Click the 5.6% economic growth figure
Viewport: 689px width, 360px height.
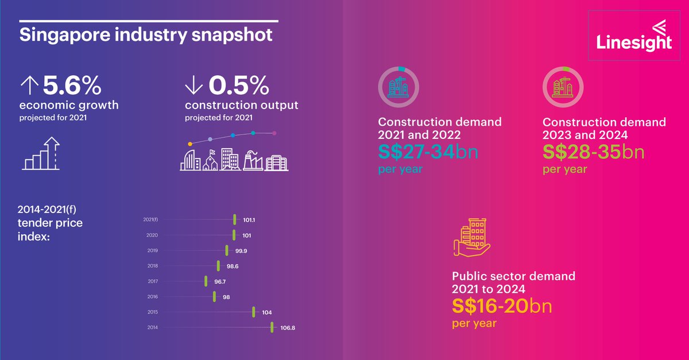(72, 87)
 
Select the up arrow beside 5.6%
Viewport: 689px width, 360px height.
(28, 87)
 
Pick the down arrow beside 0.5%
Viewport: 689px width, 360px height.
(193, 87)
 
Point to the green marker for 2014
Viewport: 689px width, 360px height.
(272, 327)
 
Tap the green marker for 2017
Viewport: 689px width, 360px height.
(206, 281)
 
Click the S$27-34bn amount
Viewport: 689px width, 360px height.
(428, 153)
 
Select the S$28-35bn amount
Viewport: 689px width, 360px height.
(593, 153)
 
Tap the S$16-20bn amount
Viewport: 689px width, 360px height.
(502, 306)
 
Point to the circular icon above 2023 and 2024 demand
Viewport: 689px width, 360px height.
(563, 87)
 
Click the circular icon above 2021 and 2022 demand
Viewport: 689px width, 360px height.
(398, 87)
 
